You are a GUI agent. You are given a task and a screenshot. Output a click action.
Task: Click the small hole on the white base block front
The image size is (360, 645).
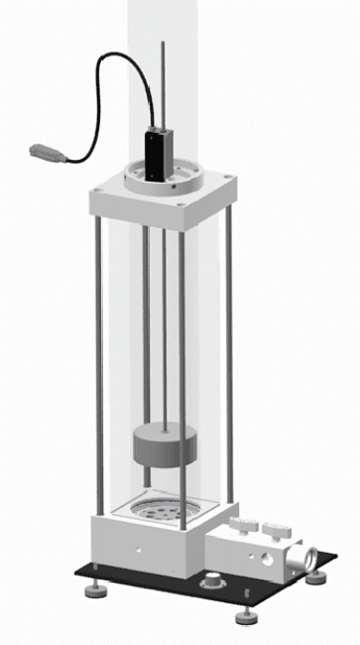pyautogui.click(x=138, y=547)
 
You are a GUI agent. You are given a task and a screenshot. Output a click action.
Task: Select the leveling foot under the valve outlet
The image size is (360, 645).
pyautogui.click(x=316, y=576)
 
